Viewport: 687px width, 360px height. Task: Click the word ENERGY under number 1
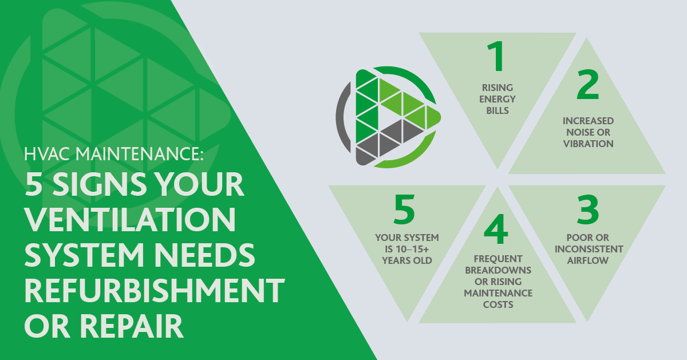coord(498,99)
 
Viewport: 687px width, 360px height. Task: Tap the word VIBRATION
coord(588,143)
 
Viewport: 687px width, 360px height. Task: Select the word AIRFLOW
coord(588,260)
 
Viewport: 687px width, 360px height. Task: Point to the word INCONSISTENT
coord(588,249)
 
